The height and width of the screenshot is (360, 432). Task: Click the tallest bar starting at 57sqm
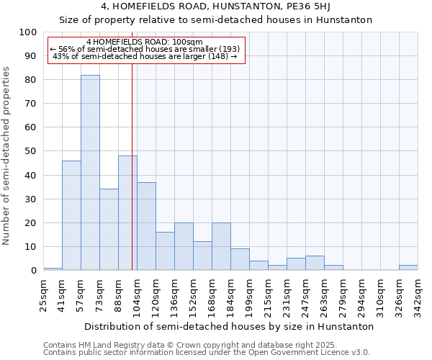coord(90,173)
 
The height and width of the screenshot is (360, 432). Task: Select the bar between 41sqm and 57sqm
coord(71,215)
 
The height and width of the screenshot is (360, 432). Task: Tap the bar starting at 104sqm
coord(146,226)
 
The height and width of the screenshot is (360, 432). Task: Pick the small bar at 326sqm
coord(408,268)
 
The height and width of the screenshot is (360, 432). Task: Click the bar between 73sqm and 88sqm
coord(109,230)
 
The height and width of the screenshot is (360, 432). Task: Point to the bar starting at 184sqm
coord(240,259)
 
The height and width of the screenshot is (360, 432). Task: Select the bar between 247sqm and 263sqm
coord(315,263)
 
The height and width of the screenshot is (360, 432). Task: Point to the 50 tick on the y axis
coord(30,151)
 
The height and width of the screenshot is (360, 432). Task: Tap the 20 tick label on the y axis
coord(30,222)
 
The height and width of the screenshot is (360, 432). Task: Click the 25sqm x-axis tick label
coord(44,295)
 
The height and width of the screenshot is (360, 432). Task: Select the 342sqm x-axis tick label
coord(418,295)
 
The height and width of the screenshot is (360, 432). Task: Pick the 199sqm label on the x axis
coord(250,295)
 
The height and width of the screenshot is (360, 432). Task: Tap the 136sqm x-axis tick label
coord(175,295)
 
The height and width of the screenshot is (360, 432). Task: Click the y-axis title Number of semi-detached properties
coord(7,156)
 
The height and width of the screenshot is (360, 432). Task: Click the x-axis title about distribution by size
coord(229,326)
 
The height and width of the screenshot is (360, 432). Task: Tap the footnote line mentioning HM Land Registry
coord(190,345)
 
